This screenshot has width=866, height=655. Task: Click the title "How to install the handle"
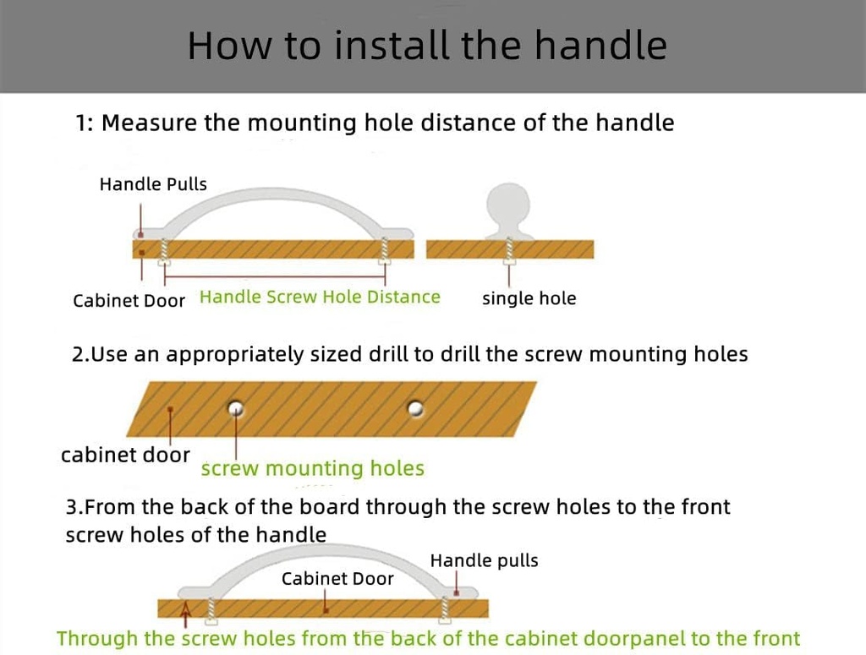pos(427,45)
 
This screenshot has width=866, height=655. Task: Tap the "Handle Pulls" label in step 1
pos(153,184)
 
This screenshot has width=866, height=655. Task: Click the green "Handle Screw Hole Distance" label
pos(320,297)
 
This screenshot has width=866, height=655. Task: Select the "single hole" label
pos(529,298)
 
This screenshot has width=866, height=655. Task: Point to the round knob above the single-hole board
pos(509,205)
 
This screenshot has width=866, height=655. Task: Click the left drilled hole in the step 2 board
pos(236,408)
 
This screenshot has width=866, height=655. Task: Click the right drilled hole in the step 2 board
pos(415,408)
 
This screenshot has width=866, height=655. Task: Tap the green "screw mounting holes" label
pos(312,468)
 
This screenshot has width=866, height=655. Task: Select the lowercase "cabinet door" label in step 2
pos(125,455)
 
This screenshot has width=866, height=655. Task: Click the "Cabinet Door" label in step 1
pos(129,301)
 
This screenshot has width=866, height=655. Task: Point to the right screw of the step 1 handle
pos(386,250)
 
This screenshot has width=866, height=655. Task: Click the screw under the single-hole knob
pos(510,251)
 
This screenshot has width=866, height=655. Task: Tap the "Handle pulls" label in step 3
pos(484,560)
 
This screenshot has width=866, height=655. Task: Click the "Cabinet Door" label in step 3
pos(337,579)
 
